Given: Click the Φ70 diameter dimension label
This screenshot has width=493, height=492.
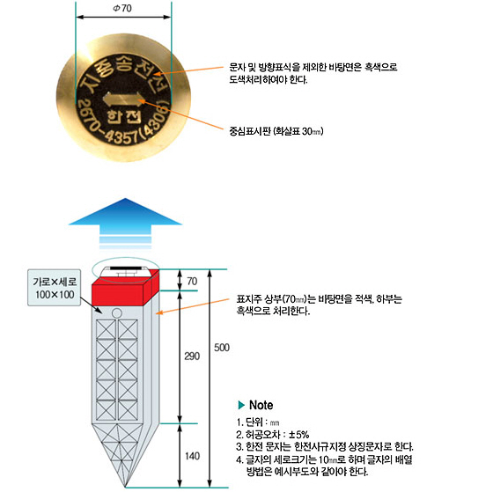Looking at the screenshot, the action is (122, 8).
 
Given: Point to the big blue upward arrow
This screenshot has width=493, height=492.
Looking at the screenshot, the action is (125, 224).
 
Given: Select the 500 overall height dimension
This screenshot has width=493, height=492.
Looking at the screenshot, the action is (222, 348).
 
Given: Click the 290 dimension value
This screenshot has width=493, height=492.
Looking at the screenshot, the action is (192, 356).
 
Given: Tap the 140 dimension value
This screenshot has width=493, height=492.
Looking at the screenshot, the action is (192, 456).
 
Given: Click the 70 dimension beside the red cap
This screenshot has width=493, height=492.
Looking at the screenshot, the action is (192, 281).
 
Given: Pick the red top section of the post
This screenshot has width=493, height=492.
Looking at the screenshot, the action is (125, 290).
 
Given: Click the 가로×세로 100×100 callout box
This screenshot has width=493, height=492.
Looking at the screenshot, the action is (54, 288).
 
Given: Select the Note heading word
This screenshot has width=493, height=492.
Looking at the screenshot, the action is (261, 405).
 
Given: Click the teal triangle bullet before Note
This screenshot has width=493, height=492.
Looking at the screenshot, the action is (241, 405).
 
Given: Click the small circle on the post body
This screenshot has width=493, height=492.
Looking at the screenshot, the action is (116, 313).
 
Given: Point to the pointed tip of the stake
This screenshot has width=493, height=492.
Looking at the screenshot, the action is (126, 487).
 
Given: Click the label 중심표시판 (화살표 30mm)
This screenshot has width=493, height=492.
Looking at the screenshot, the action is (276, 131).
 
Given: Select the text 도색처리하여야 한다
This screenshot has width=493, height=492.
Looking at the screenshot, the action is (269, 79).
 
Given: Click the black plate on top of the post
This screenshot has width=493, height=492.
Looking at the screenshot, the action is (125, 268).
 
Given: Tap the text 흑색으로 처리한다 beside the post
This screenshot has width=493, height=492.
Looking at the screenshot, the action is (273, 311).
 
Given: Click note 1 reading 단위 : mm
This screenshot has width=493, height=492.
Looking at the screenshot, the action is (258, 422).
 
